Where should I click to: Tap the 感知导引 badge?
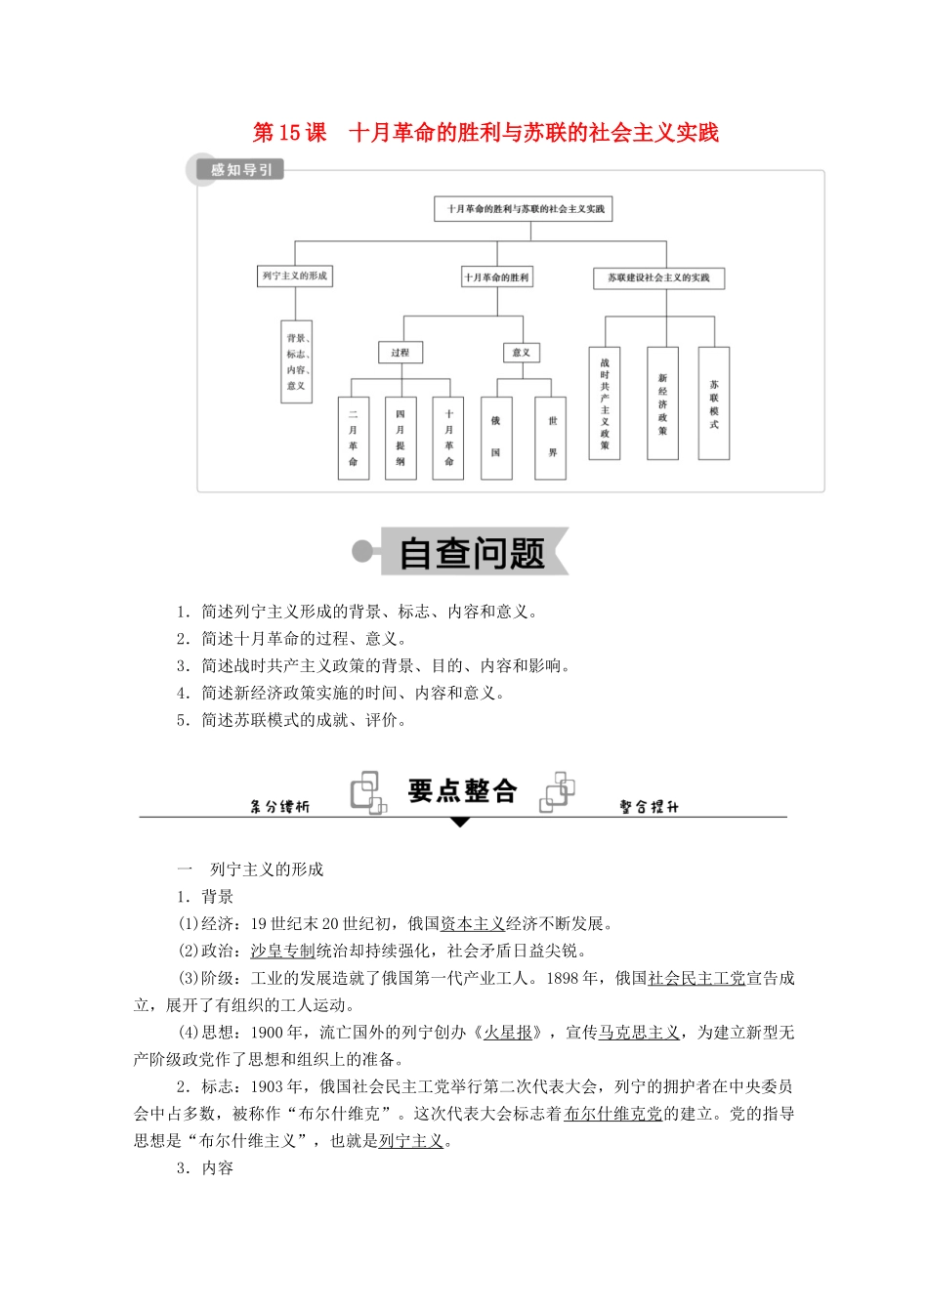(x=240, y=170)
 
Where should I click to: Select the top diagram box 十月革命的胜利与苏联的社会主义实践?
(x=525, y=209)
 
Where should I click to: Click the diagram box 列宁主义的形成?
(x=294, y=276)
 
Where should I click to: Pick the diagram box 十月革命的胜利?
(x=496, y=277)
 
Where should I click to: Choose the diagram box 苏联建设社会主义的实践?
(x=658, y=278)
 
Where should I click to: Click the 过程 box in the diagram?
(x=401, y=353)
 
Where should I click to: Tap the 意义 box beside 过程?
(x=521, y=353)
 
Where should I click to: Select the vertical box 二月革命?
(x=353, y=438)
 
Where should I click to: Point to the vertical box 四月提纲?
(x=401, y=438)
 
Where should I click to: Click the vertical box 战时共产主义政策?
(x=605, y=402)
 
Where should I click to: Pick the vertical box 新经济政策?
(x=662, y=402)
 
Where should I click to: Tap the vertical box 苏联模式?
(x=714, y=402)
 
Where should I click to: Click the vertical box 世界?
(x=552, y=438)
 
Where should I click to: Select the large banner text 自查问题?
(x=472, y=554)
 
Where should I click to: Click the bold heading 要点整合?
(x=462, y=790)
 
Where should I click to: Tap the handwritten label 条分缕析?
(x=279, y=807)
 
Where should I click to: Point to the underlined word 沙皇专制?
(x=282, y=951)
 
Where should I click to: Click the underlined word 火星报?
(x=509, y=1033)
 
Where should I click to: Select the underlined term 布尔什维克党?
(x=613, y=1114)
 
